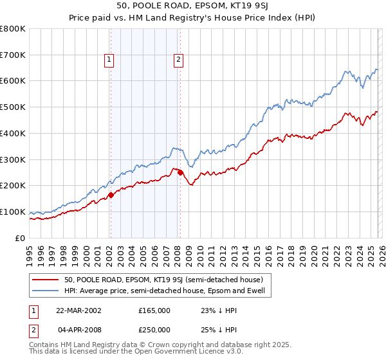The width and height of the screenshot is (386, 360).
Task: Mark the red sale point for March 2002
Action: coord(111,195)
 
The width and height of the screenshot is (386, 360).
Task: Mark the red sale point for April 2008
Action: coord(180,172)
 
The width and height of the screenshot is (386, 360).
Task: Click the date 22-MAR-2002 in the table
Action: coord(78,310)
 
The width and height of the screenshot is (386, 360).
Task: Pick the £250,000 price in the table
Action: coord(154,329)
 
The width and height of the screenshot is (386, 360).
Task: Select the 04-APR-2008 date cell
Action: coord(78,329)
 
